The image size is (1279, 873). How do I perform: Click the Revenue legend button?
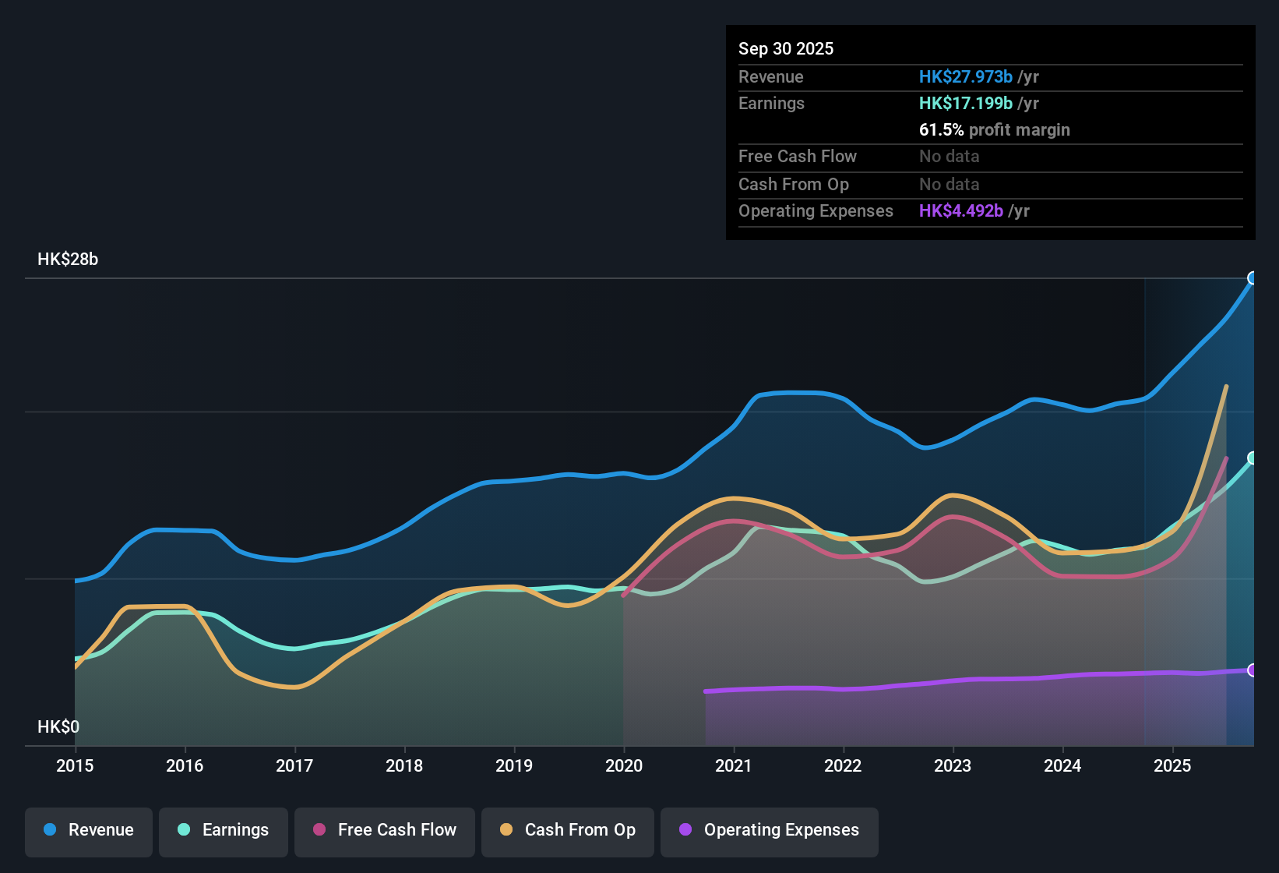pyautogui.click(x=89, y=830)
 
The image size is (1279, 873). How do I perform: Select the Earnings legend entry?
pyautogui.click(x=224, y=830)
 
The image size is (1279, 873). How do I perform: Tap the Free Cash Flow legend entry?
pyautogui.click(x=385, y=830)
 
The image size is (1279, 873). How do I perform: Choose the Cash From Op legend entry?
pyautogui.click(x=568, y=830)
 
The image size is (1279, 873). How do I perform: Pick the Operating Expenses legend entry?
pyautogui.click(x=770, y=830)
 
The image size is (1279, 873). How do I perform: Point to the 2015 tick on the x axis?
pyautogui.click(x=75, y=765)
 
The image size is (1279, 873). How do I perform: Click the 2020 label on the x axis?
pyautogui.click(x=624, y=765)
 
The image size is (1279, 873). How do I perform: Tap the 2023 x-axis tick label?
pyautogui.click(x=953, y=765)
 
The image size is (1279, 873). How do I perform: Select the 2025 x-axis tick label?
pyautogui.click(x=1172, y=765)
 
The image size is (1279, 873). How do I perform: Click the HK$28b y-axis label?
pyautogui.click(x=68, y=260)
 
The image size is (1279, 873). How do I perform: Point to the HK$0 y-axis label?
pyautogui.click(x=58, y=727)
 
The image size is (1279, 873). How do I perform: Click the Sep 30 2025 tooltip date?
pyautogui.click(x=786, y=48)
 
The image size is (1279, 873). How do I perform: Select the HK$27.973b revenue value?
pyautogui.click(x=965, y=76)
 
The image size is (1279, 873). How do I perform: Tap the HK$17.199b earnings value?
pyautogui.click(x=965, y=103)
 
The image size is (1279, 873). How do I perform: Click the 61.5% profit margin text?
pyautogui.click(x=994, y=129)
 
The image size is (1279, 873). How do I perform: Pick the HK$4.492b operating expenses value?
pyautogui.click(x=960, y=210)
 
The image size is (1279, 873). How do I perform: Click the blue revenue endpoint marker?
pyautogui.click(x=1253, y=278)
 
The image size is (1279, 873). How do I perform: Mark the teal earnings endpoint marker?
pyautogui.click(x=1253, y=458)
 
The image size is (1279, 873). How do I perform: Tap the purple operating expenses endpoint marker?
pyautogui.click(x=1253, y=670)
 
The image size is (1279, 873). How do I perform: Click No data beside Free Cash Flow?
pyautogui.click(x=949, y=156)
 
